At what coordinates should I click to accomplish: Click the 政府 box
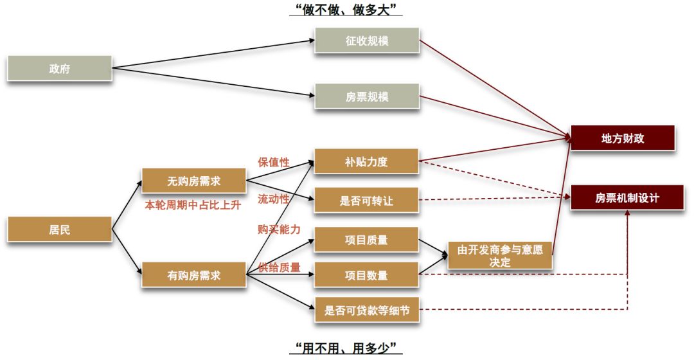pos(59,69)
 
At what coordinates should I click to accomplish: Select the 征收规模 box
pos(366,41)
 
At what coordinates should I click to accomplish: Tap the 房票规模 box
pos(366,96)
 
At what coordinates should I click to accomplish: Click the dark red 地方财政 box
pos(622,138)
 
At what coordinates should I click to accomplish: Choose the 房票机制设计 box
pos(627,197)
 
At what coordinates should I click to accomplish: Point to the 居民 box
pos(59,230)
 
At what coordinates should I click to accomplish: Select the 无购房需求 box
pos(193,181)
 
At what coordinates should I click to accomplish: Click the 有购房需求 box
pos(193,275)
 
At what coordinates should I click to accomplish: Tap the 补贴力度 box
pos(366,162)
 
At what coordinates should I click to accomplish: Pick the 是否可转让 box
pos(366,201)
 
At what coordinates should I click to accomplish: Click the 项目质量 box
pos(366,240)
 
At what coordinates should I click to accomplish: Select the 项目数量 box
pos(366,275)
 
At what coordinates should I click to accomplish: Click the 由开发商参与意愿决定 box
pos(499,256)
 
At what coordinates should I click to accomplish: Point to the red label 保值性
pos(274,163)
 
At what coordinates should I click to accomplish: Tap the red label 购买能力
pos(279,230)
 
